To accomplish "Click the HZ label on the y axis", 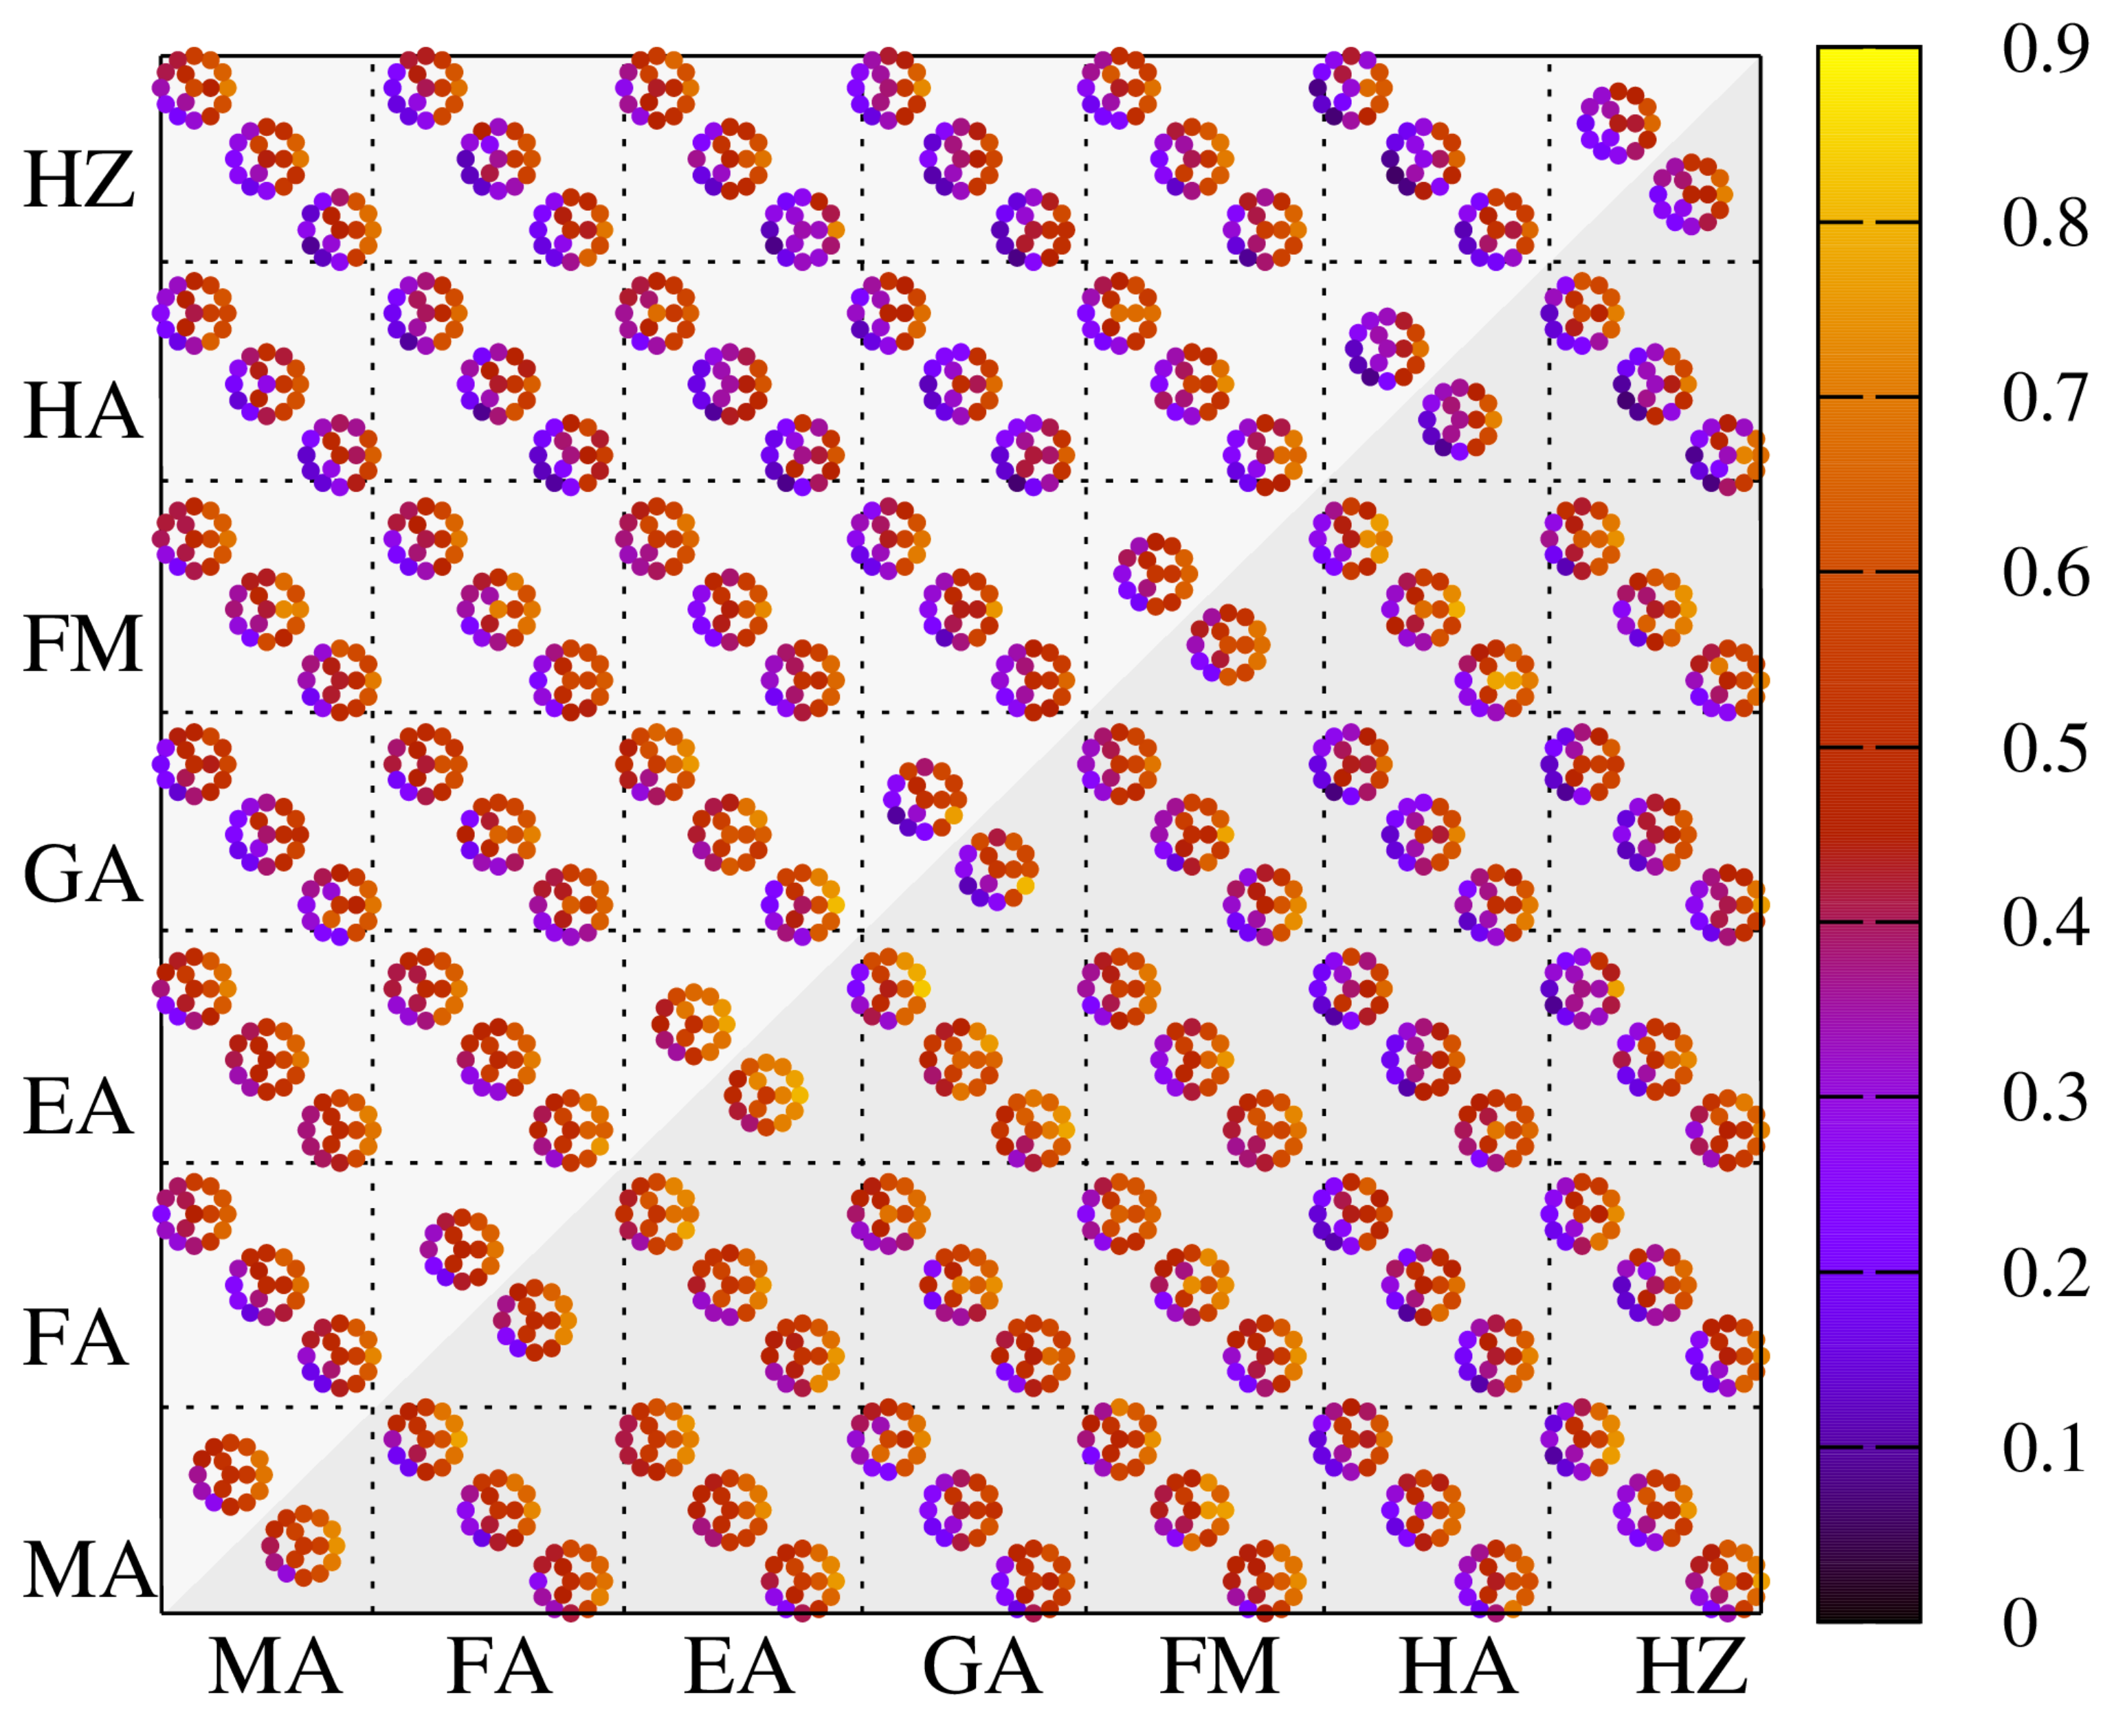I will (x=79, y=182).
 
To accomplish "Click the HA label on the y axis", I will (x=83, y=412).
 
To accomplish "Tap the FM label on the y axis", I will (x=84, y=644).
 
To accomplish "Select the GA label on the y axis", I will (x=83, y=875).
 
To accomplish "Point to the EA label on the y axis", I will (x=78, y=1108).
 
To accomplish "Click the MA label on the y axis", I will (x=89, y=1570).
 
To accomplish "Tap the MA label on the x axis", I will (x=275, y=1668).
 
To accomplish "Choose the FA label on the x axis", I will (x=499, y=1668).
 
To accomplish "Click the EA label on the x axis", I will (x=739, y=1668).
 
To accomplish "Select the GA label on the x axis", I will (x=981, y=1668).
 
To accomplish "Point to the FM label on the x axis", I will (x=1220, y=1668).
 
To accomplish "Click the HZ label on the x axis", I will (x=1692, y=1668).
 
